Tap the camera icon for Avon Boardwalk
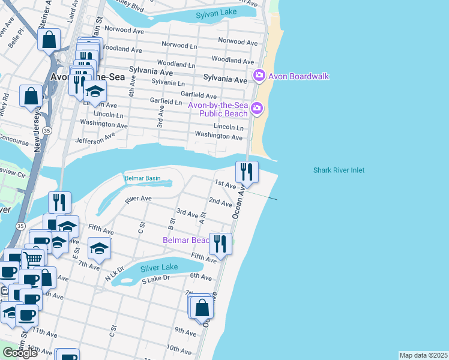tap(259, 76)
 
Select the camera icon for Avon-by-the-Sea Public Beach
tap(257, 109)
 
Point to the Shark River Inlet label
tap(339, 170)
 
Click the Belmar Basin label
tap(142, 178)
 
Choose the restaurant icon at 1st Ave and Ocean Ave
tap(247, 172)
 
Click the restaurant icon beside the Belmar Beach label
tap(220, 244)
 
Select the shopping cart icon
tap(34, 259)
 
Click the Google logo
tap(20, 352)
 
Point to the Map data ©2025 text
tap(423, 355)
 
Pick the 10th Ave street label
tap(179, 348)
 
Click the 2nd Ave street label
tap(220, 202)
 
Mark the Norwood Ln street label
tap(175, 45)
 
